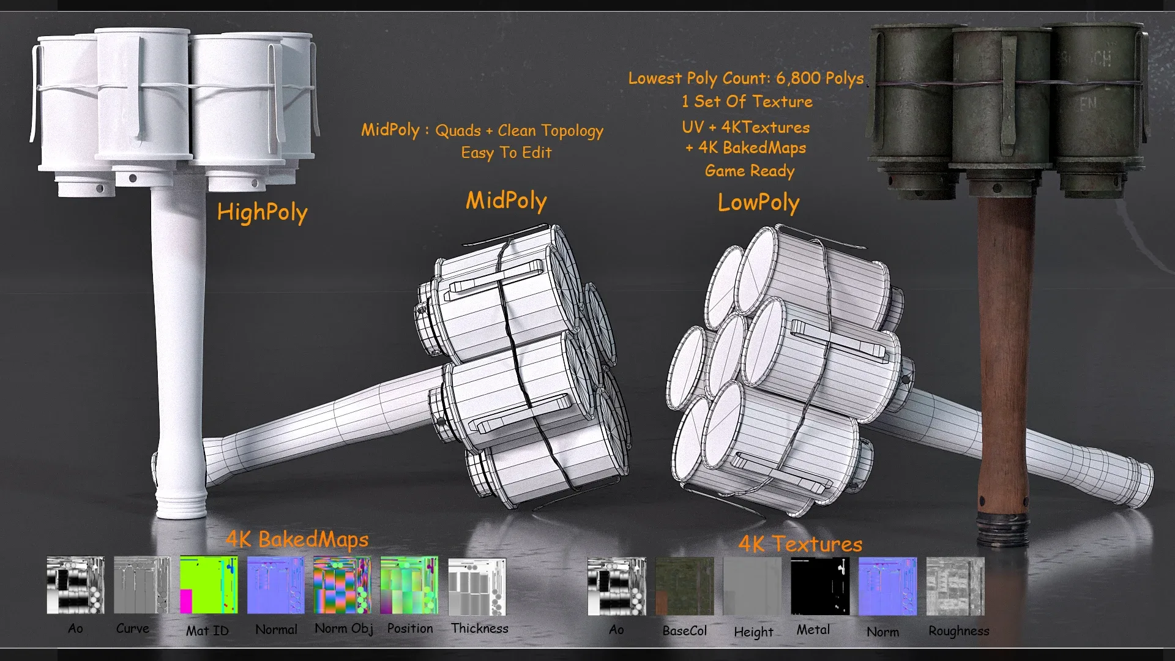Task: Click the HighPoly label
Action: tap(262, 212)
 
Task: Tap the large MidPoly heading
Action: tap(506, 201)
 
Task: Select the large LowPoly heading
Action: tap(758, 203)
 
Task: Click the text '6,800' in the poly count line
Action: tap(798, 78)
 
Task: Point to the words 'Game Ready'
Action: tap(750, 171)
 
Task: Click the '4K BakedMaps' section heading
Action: tap(297, 539)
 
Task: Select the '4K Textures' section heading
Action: tap(800, 544)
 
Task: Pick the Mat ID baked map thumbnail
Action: tap(209, 584)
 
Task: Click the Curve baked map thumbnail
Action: tap(141, 584)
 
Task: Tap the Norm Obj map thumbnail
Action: tap(342, 584)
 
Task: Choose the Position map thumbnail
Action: tap(409, 584)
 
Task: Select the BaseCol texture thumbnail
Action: tap(684, 586)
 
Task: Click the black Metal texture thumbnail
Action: tap(820, 586)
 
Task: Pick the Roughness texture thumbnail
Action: tap(955, 586)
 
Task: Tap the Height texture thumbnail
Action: tap(752, 586)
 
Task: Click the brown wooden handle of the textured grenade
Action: tap(1005, 355)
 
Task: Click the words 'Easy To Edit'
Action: tap(506, 152)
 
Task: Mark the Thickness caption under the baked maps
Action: tap(480, 628)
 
